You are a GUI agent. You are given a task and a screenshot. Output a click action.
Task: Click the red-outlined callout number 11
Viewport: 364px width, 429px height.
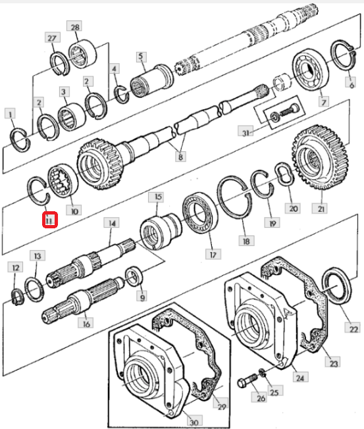coord(49,220)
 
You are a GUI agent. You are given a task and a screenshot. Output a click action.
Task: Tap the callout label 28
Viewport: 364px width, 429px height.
coord(75,27)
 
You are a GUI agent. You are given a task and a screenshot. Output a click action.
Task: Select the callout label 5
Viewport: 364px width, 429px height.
coord(141,57)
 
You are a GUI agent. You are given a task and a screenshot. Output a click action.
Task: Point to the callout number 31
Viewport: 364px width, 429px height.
coord(246,132)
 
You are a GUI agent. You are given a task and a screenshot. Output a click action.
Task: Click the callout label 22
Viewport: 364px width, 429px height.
coord(353,328)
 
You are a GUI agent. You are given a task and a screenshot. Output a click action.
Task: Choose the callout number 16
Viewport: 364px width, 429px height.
coord(86,324)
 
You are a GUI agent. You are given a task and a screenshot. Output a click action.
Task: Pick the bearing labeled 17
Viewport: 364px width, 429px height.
coord(200,213)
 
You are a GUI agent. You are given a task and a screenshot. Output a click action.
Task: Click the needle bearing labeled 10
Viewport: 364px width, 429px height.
coord(63,180)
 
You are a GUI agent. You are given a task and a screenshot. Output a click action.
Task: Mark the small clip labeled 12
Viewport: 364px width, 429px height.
coord(18,297)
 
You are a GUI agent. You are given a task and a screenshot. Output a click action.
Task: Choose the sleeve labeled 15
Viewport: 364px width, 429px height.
coord(160,231)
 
